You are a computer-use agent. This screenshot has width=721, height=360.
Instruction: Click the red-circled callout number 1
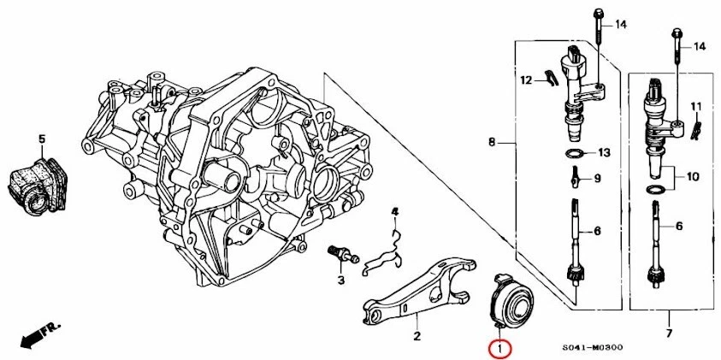click(499, 349)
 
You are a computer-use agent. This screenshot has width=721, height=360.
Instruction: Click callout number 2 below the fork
click(417, 336)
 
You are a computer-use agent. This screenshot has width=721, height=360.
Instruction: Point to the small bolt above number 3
click(340, 253)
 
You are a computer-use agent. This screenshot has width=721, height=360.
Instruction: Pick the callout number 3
click(340, 280)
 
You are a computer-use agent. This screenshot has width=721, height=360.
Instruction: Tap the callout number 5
click(40, 138)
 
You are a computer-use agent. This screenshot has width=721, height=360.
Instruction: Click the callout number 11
click(696, 106)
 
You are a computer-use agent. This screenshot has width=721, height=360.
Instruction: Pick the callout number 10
click(692, 177)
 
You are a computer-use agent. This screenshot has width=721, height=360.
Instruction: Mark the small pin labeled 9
click(576, 178)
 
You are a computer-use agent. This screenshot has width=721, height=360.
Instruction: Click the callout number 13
click(604, 153)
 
